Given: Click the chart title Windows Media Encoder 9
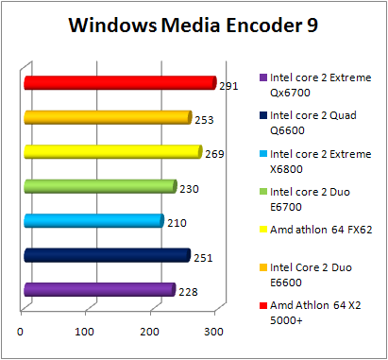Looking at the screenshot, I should (x=194, y=26).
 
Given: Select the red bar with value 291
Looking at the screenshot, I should (x=119, y=83).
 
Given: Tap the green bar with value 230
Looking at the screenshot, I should (x=99, y=186).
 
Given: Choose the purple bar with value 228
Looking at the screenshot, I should (x=98, y=289).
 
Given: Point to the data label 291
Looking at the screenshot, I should (x=228, y=86).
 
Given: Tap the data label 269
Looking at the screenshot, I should (x=214, y=154).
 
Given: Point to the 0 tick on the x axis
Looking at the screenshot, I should (x=21, y=331).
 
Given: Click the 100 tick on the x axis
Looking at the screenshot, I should (x=85, y=331).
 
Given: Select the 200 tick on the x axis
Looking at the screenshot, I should (x=149, y=331).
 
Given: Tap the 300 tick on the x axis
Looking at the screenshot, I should (x=213, y=331).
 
